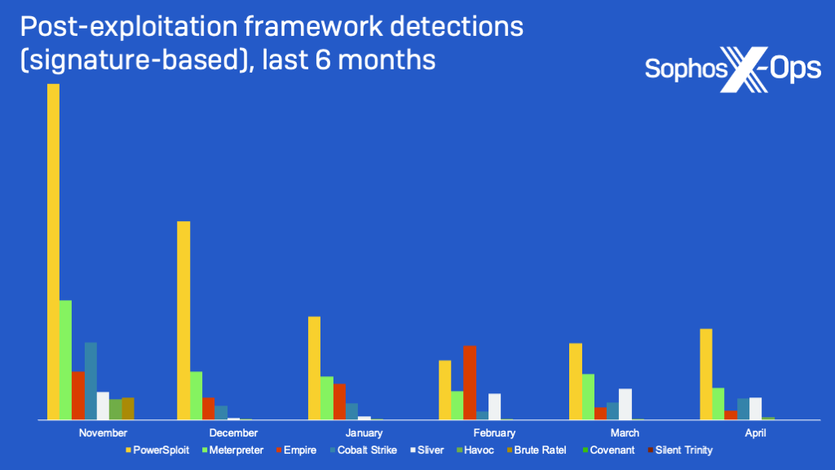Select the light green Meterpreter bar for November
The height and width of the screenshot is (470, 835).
[65, 360]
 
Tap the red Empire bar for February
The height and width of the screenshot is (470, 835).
[469, 382]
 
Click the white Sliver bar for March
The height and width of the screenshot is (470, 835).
[625, 404]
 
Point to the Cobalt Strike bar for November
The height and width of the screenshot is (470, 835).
[91, 380]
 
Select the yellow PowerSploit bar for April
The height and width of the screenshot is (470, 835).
[705, 374]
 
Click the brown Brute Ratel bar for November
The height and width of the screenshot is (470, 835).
[128, 408]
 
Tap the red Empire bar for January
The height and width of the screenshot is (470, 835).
[339, 401]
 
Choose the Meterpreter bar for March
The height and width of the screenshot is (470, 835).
[587, 397]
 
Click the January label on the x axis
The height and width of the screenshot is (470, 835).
[364, 432]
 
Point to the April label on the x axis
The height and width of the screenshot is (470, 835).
[755, 432]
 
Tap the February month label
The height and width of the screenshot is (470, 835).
[494, 432]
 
